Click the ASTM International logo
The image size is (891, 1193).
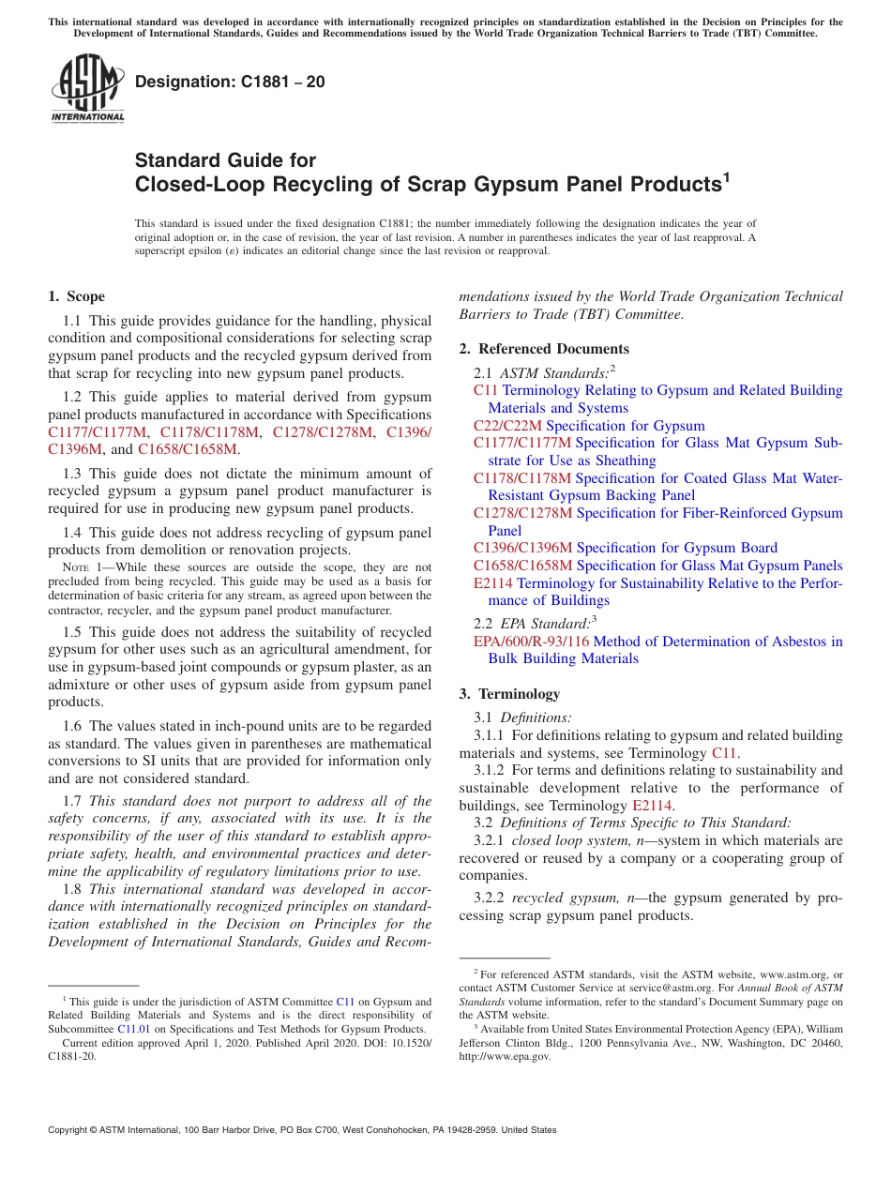coord(87,90)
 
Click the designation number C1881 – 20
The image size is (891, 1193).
coord(230,83)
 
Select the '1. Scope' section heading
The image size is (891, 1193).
coord(77,296)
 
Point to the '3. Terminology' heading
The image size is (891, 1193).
coord(509,694)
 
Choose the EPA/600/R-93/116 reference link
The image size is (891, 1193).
coord(531,642)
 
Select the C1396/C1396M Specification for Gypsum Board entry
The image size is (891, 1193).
coord(625,548)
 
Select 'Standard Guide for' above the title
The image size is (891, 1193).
coord(225,160)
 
